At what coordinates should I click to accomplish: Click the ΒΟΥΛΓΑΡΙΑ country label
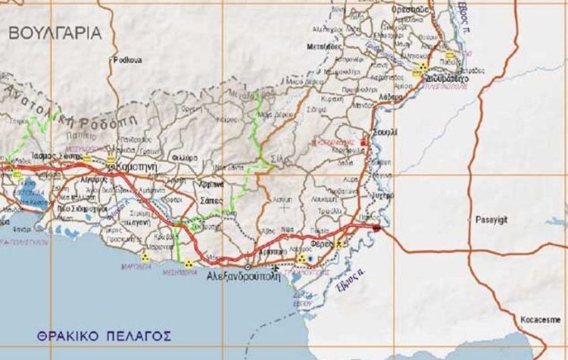(x=55, y=33)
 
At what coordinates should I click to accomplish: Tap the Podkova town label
(x=126, y=60)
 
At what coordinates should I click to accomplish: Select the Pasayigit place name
(x=493, y=220)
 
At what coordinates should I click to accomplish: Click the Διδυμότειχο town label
(x=447, y=78)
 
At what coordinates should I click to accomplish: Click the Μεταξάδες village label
(x=323, y=46)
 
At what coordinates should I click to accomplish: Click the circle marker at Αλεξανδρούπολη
(x=248, y=267)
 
